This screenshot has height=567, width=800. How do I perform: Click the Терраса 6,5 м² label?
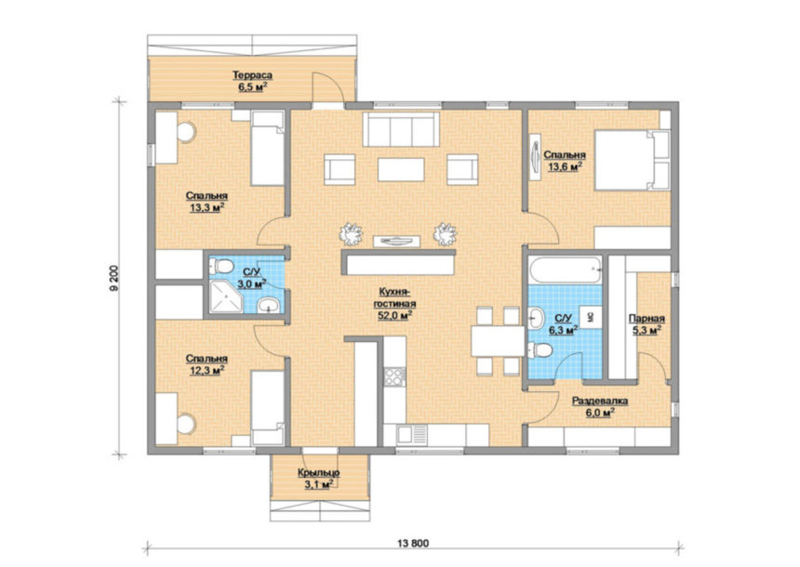pyautogui.click(x=252, y=81)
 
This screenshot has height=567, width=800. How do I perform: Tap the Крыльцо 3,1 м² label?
pyautogui.click(x=319, y=479)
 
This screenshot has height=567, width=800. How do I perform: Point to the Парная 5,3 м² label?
pyautogui.click(x=647, y=324)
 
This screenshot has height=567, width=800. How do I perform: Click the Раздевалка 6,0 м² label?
pyautogui.click(x=599, y=407)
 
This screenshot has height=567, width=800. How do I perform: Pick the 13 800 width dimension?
pyautogui.click(x=413, y=543)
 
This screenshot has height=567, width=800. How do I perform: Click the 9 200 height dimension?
pyautogui.click(x=114, y=278)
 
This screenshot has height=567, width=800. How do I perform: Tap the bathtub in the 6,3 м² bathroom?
pyautogui.click(x=566, y=270)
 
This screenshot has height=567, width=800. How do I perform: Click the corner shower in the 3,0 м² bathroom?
pyautogui.click(x=225, y=296)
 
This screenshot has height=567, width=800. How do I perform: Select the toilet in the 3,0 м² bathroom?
pyautogui.click(x=221, y=266)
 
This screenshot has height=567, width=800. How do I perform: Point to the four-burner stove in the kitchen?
pyautogui.click(x=394, y=376)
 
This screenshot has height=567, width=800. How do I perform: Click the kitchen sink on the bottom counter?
pyautogui.click(x=412, y=434)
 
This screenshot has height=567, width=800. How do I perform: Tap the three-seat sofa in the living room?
pyautogui.click(x=401, y=129)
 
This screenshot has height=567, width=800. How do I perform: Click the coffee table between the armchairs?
pyautogui.click(x=401, y=169)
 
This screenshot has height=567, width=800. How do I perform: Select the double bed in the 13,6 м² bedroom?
pyautogui.click(x=633, y=160)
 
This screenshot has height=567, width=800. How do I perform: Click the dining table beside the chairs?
pyautogui.click(x=498, y=340)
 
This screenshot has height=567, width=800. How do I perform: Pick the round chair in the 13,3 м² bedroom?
pyautogui.click(x=186, y=132)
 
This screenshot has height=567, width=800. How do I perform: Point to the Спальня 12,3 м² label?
pyautogui.click(x=207, y=365)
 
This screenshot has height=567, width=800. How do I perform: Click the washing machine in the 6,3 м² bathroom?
pyautogui.click(x=591, y=317)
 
